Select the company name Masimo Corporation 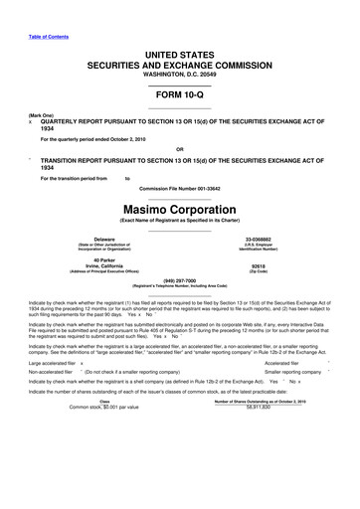click(179, 211)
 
